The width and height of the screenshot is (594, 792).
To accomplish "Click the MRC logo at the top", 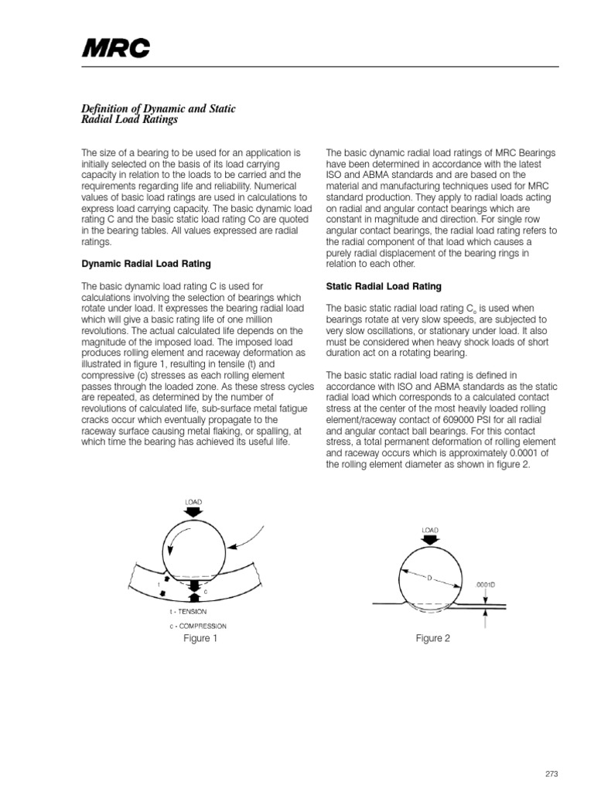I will (116, 50).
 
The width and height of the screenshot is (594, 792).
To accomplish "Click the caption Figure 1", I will (200, 638).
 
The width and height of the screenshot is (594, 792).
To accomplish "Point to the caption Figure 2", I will (432, 638).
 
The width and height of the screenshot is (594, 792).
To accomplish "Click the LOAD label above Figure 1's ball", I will (193, 501).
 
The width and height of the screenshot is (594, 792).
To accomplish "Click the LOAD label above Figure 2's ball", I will (430, 530).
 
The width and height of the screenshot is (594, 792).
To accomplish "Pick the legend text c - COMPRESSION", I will (193, 626).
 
